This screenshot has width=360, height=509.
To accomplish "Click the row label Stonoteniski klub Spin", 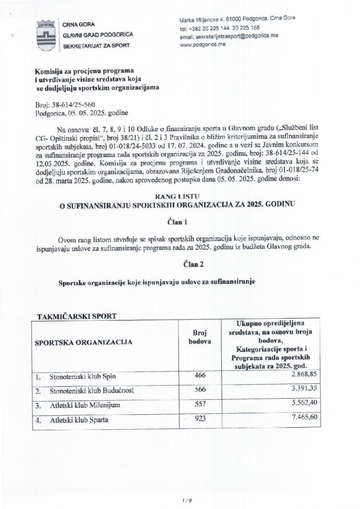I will click(85, 376).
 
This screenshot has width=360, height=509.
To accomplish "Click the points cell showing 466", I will click(199, 374).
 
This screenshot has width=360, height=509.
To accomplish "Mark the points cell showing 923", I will click(199, 419).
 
